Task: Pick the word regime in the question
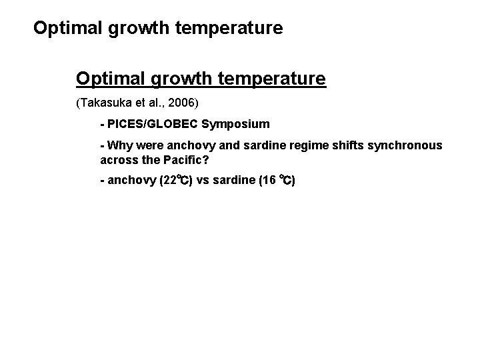(304, 145)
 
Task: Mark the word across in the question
(118, 160)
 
